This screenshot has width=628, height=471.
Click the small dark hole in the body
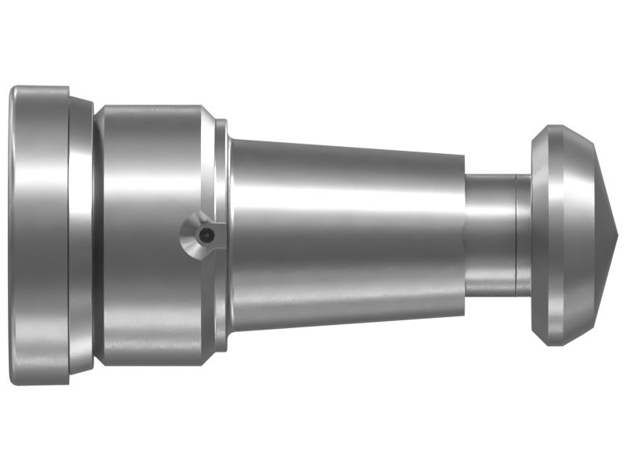pyautogui.click(x=205, y=235)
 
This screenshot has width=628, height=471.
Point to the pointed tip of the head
pyautogui.click(x=619, y=235)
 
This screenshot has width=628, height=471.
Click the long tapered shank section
pyautogui.click(x=345, y=235)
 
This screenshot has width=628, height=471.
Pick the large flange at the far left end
pyautogui.click(x=39, y=235)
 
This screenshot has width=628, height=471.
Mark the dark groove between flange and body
pyautogui.click(x=95, y=235)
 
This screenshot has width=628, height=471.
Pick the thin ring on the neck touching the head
pyautogui.click(x=523, y=235)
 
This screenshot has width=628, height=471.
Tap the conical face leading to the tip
pyautogui.click(x=604, y=235)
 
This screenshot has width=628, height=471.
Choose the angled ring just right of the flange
pyautogui.click(x=81, y=235)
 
